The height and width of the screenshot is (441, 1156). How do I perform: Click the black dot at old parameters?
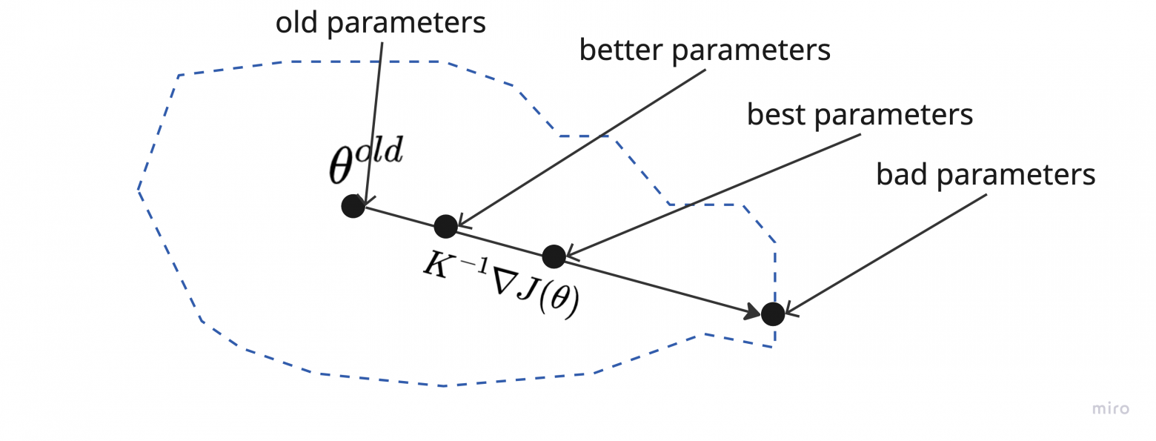click(353, 205)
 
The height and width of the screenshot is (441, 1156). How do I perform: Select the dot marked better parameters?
click(445, 226)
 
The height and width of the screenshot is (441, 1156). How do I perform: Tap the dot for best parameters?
click(554, 256)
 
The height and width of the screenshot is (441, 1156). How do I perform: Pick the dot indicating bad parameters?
click(773, 314)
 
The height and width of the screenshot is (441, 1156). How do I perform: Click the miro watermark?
click(1111, 408)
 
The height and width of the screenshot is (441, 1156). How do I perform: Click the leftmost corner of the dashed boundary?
click(139, 190)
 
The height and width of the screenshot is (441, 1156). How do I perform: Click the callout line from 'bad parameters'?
click(889, 252)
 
